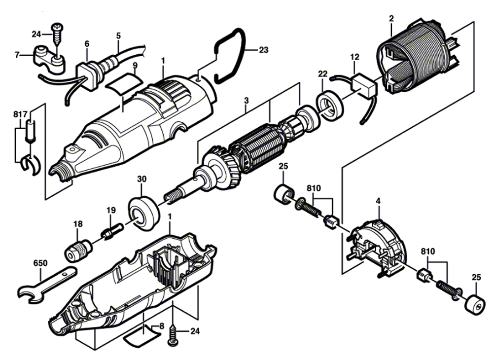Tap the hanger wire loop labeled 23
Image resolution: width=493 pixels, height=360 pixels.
tap(243, 50)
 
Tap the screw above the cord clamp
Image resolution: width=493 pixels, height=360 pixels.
tap(57, 35)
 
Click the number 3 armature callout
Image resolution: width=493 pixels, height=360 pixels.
tap(246, 101)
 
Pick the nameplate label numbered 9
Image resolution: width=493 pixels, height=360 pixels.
tap(123, 83)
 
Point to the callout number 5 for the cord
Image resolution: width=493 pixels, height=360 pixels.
tap(118, 36)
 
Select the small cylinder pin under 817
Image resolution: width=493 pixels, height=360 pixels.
tap(30, 130)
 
